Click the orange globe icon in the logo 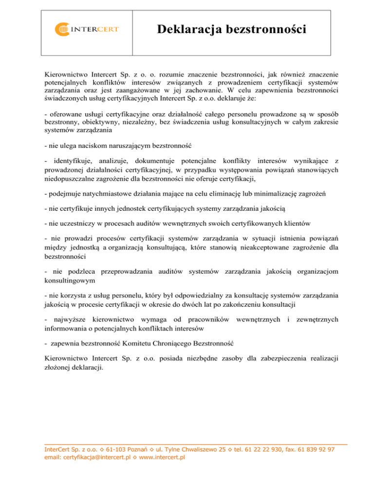pyautogui.click(x=63, y=29)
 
